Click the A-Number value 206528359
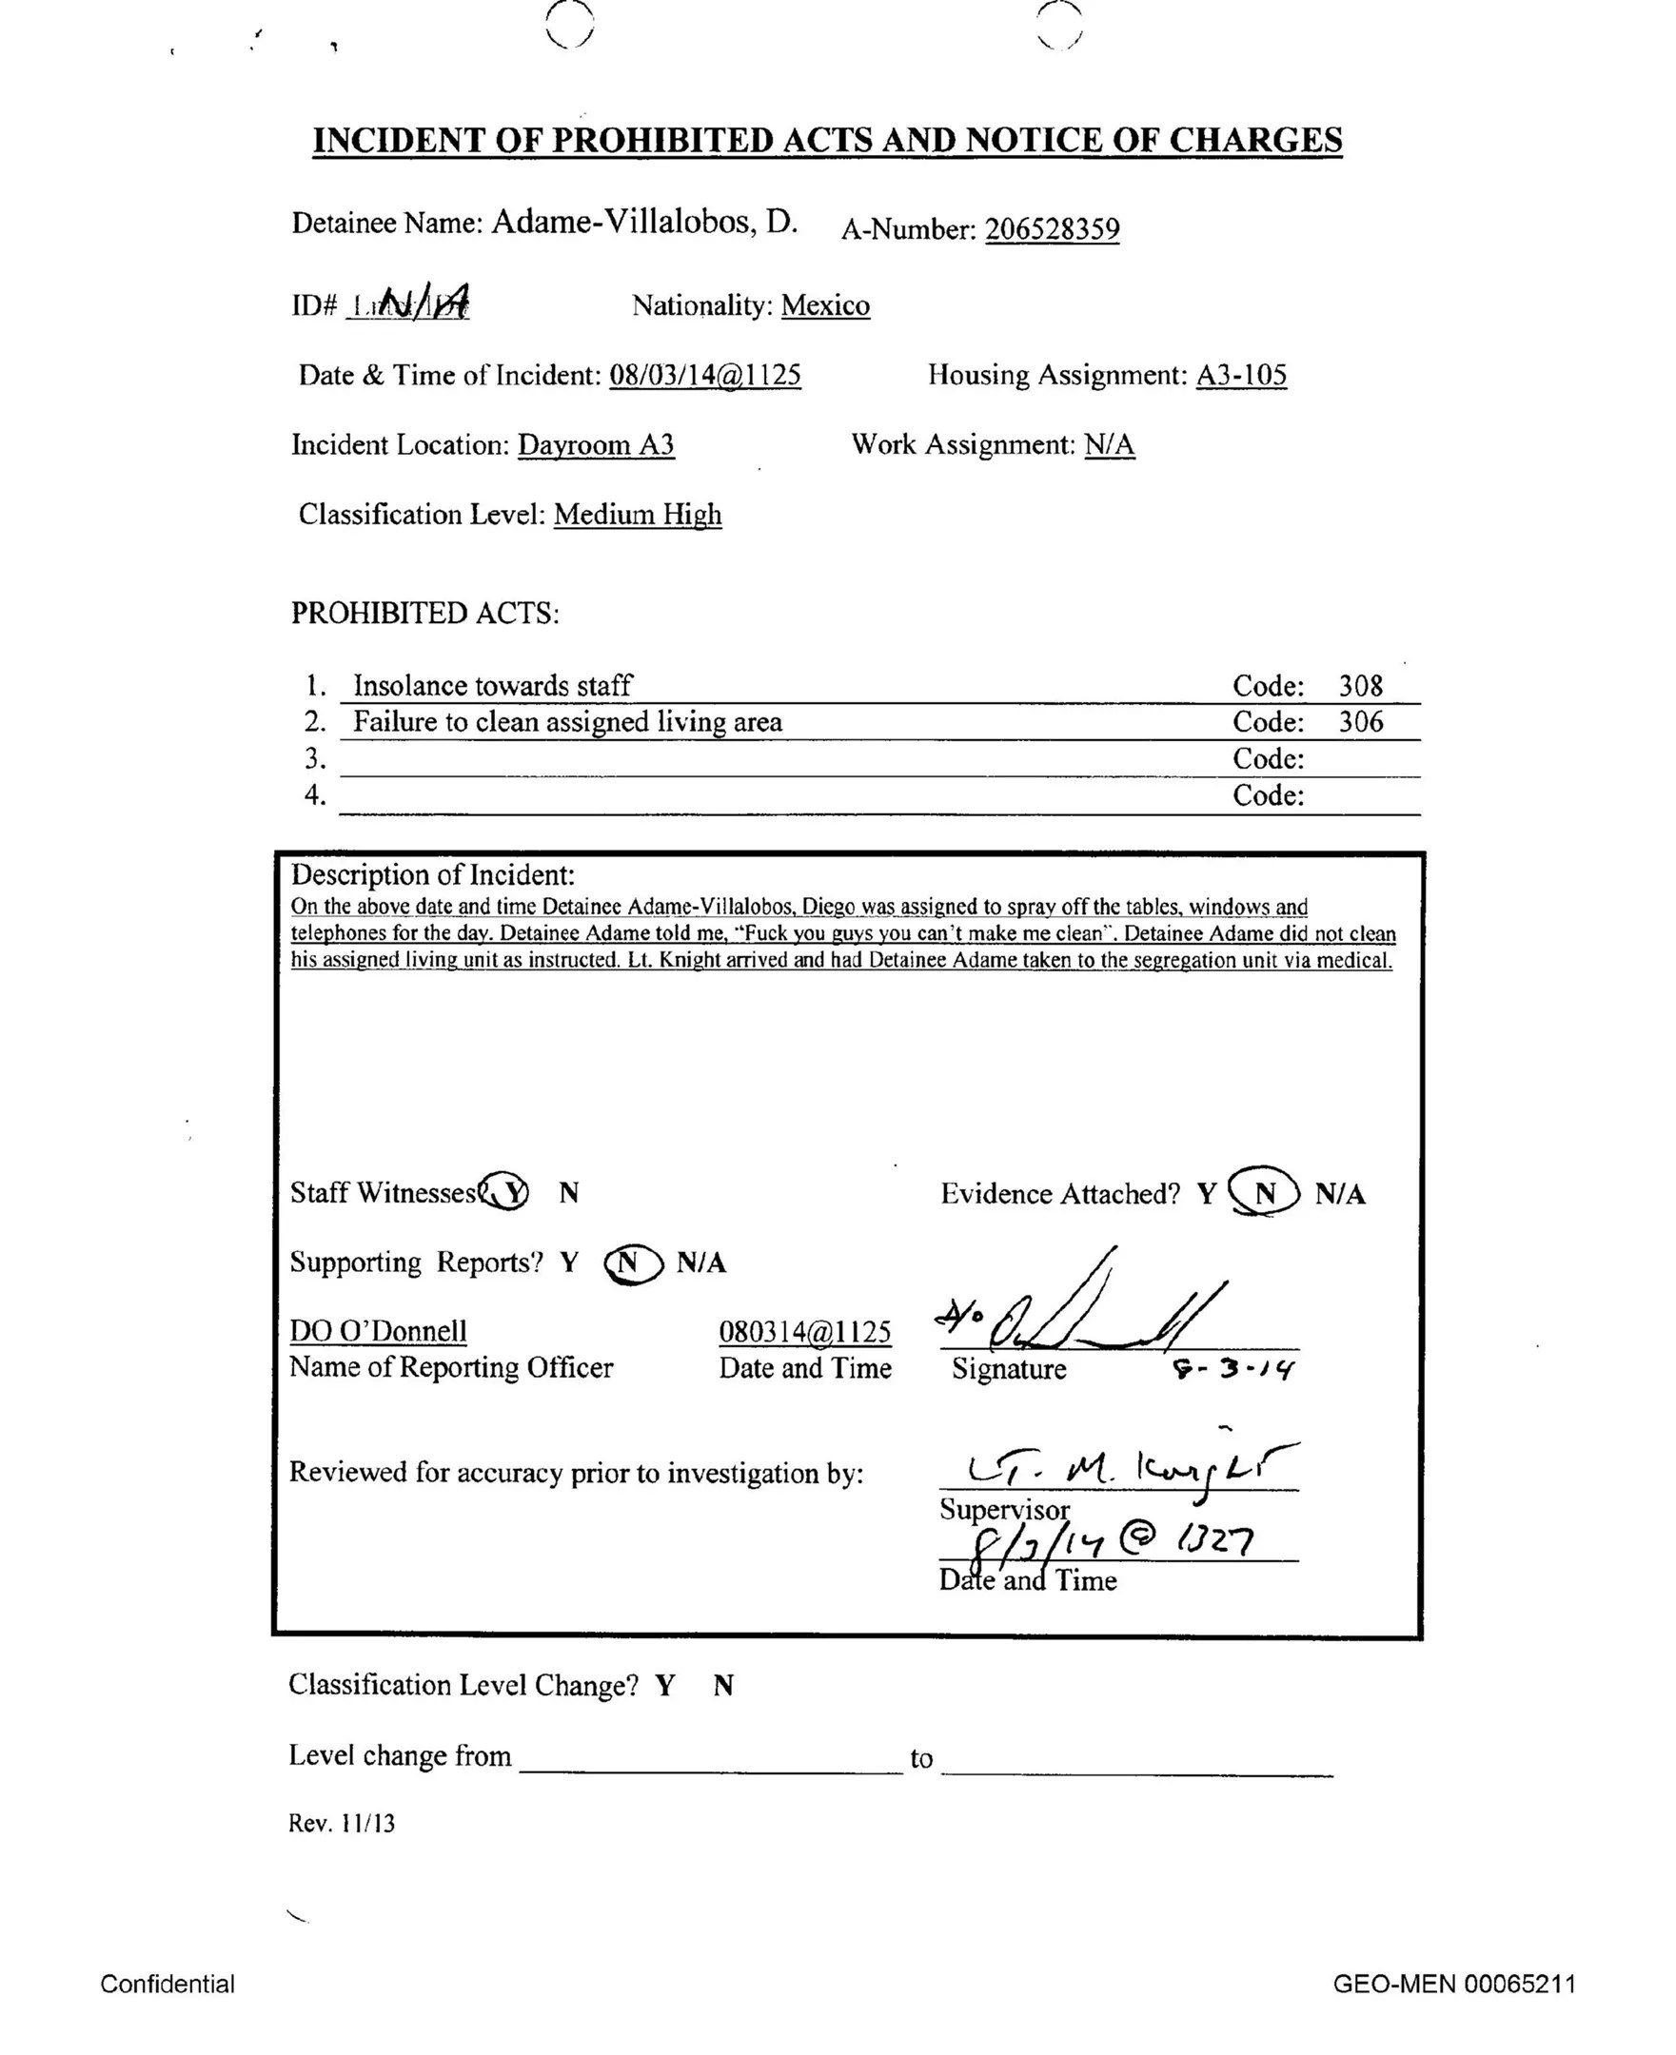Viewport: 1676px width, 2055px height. pyautogui.click(x=1052, y=229)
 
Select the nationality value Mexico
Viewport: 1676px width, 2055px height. pyautogui.click(x=824, y=306)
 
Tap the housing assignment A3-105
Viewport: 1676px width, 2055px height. pyautogui.click(x=1241, y=375)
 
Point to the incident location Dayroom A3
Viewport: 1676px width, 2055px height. pyautogui.click(x=596, y=445)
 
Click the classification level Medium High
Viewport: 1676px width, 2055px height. pyautogui.click(x=638, y=515)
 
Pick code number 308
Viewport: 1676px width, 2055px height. pyautogui.click(x=1360, y=686)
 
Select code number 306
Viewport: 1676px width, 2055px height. pyautogui.click(x=1360, y=722)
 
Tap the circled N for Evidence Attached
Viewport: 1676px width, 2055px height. pyautogui.click(x=1264, y=1194)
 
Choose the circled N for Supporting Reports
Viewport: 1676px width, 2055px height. pyautogui.click(x=632, y=1264)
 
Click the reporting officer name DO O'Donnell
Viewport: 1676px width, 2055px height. pyautogui.click(x=379, y=1331)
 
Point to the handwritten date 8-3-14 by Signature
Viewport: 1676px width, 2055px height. pyautogui.click(x=1232, y=1369)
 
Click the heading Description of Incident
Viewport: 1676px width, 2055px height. pyautogui.click(x=432, y=875)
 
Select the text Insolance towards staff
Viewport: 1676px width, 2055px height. pyautogui.click(x=492, y=686)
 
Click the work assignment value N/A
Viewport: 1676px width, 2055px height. pyautogui.click(x=1110, y=445)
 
